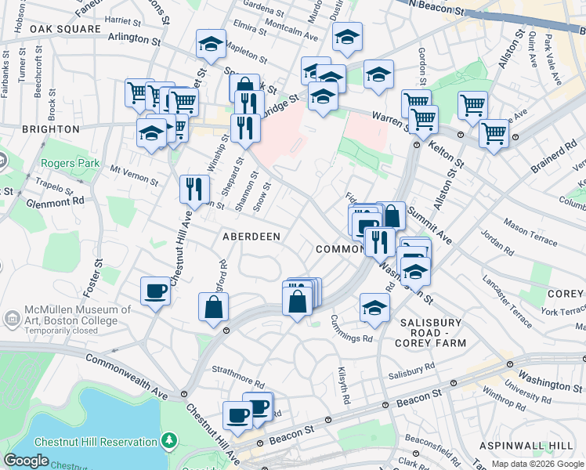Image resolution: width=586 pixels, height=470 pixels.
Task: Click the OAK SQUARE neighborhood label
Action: tap(66, 29)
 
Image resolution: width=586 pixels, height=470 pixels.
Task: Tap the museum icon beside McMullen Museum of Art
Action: tap(12, 319)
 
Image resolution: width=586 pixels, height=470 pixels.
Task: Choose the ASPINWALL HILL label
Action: tap(539, 445)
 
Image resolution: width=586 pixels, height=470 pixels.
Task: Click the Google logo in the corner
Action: tap(27, 461)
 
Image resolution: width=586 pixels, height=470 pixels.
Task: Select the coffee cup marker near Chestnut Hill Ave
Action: tap(155, 292)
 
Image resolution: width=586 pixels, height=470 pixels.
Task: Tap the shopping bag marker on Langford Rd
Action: tap(214, 307)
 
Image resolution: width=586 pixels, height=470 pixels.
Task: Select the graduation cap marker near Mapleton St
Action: tap(211, 45)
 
